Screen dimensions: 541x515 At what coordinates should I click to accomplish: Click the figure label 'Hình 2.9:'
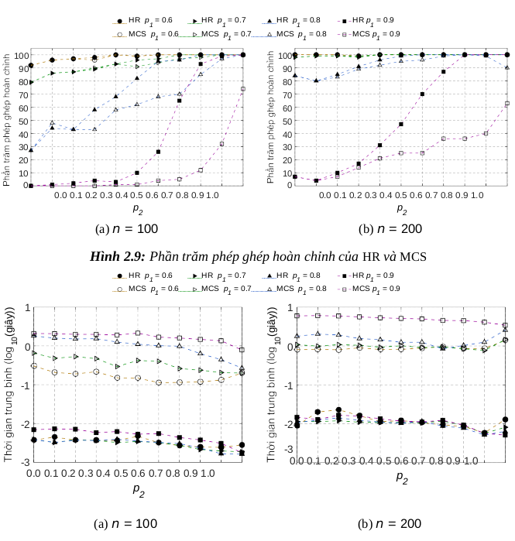coord(118,256)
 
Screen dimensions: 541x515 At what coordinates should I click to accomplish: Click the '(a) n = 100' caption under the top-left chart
coord(126,228)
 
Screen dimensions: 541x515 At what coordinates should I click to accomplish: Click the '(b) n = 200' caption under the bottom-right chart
coord(390,524)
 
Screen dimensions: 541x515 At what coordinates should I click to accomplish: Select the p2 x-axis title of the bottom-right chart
coord(401,477)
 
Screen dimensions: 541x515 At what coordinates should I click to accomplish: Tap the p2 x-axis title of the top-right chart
coord(401,208)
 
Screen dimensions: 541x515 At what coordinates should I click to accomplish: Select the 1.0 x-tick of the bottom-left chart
coord(207,473)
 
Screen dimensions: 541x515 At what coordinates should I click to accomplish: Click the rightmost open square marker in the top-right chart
coord(507,103)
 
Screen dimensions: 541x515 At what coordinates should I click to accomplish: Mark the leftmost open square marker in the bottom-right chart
coord(297,316)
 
